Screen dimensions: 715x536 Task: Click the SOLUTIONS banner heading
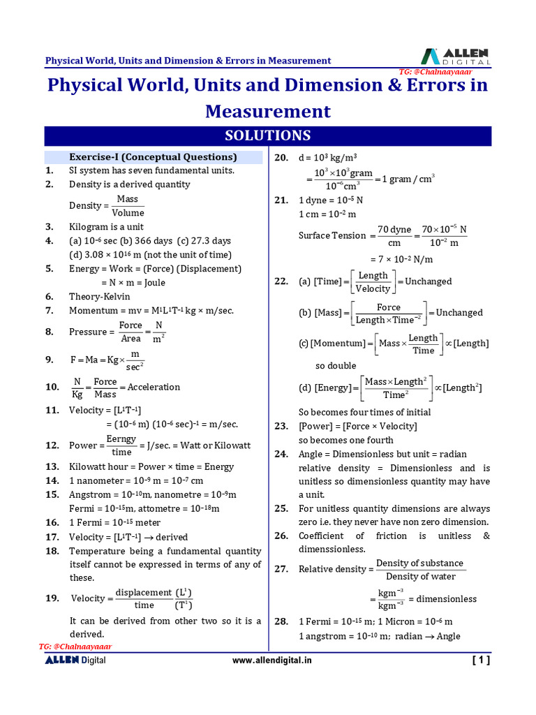click(268, 135)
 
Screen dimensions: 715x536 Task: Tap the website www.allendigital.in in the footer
click(272, 660)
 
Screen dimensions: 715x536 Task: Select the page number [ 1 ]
click(481, 660)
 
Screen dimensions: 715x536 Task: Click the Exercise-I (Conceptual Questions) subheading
click(153, 157)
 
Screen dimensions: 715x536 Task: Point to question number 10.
click(52, 388)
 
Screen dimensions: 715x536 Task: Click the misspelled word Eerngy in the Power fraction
click(121, 438)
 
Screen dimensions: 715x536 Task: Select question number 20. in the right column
click(281, 158)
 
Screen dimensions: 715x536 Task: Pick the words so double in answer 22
click(336, 366)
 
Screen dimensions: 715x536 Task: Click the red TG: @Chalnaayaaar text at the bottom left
click(75, 647)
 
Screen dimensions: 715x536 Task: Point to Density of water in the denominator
click(420, 577)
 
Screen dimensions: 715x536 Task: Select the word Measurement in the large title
click(267, 112)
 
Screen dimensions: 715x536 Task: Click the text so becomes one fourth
click(345, 441)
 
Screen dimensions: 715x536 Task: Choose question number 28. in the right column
click(281, 621)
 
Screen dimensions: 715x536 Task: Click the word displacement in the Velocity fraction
click(143, 592)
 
